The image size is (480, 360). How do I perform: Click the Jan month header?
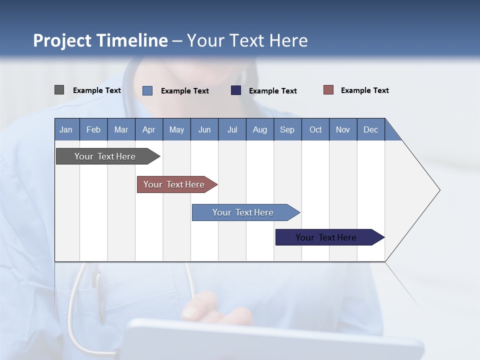(x=66, y=129)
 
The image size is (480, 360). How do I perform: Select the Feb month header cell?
(x=93, y=129)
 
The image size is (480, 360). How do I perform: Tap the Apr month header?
(x=148, y=129)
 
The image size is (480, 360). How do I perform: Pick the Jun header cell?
(x=204, y=129)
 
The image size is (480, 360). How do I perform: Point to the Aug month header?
(x=259, y=129)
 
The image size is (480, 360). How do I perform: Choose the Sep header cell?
(x=287, y=129)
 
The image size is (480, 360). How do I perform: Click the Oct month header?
(x=315, y=129)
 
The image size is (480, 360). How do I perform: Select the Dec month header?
(x=370, y=129)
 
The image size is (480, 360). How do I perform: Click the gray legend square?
(x=59, y=90)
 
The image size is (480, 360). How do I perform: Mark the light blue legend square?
(x=147, y=90)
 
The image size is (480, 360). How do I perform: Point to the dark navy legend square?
(x=236, y=90)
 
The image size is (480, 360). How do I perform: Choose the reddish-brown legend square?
(x=328, y=90)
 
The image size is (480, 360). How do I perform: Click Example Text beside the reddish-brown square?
(x=364, y=90)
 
